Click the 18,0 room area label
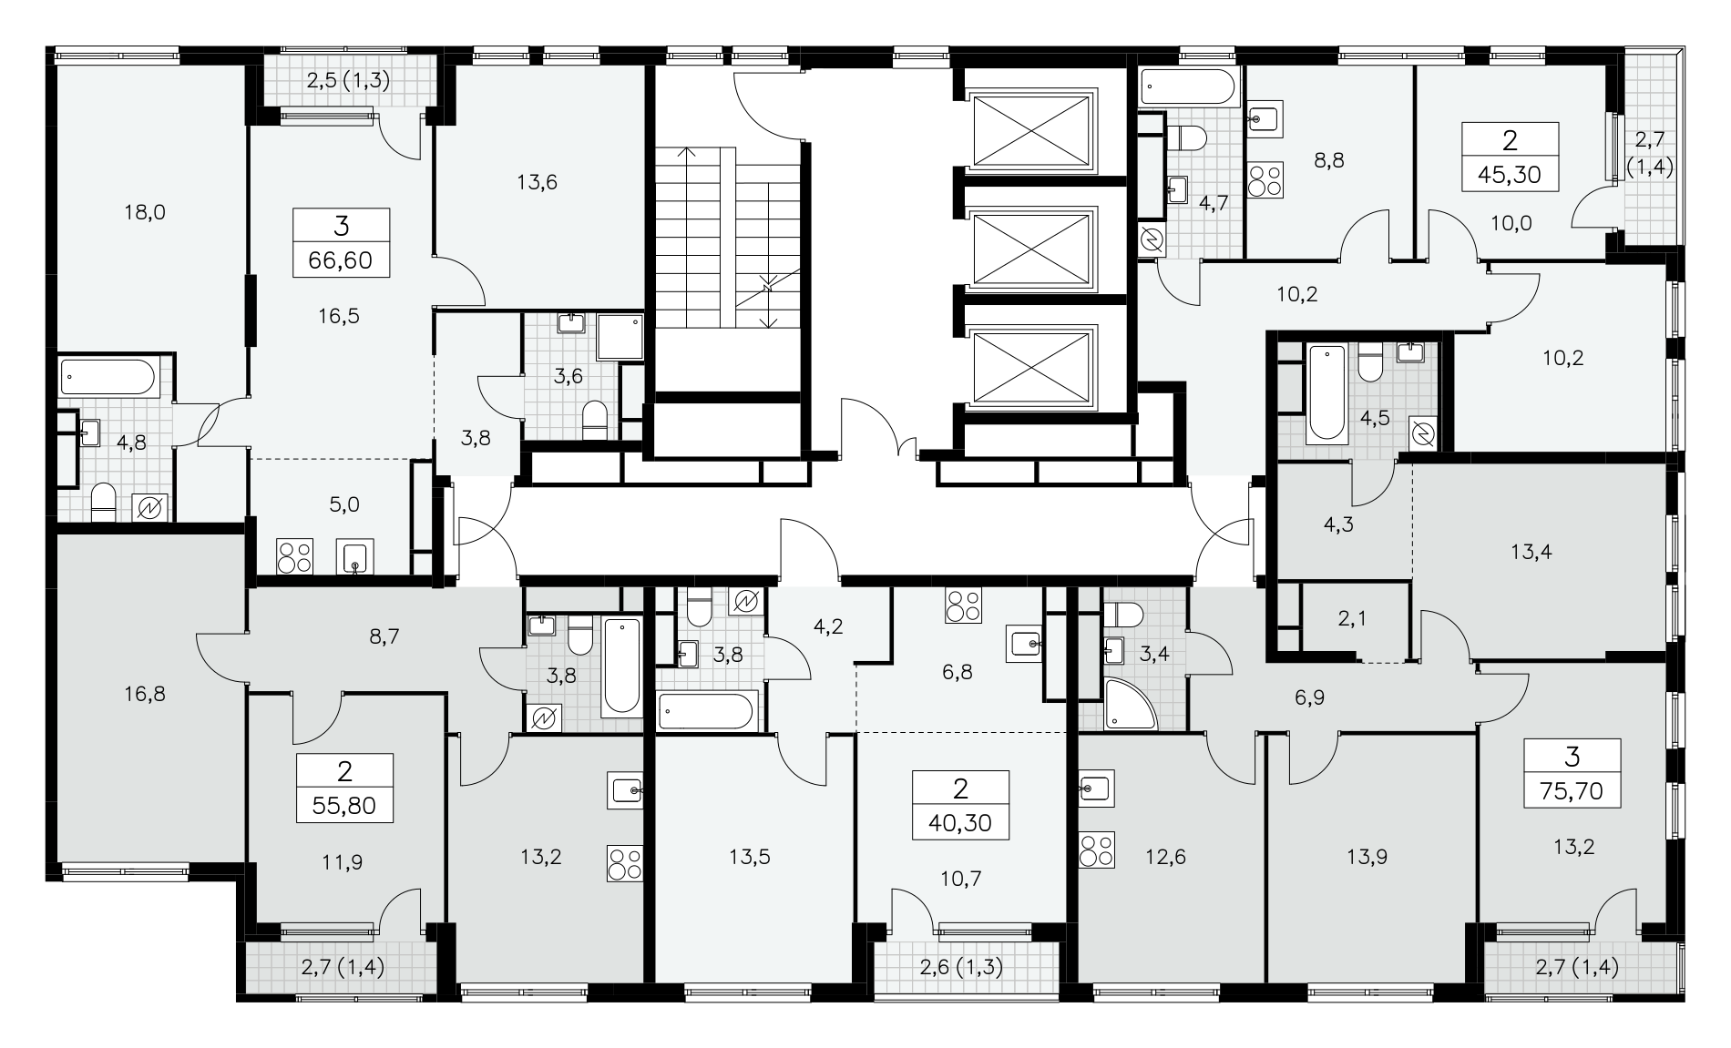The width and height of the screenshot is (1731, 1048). (x=146, y=213)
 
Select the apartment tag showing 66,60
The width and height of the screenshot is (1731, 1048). (x=342, y=242)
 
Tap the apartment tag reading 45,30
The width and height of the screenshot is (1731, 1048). (x=1510, y=157)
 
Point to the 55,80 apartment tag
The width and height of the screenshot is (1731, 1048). (x=344, y=789)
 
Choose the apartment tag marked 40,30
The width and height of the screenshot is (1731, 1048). (x=961, y=805)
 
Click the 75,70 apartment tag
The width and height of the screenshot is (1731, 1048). (x=1572, y=773)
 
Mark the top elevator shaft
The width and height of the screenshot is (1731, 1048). (x=1032, y=130)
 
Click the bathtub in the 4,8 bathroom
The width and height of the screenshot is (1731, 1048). (x=108, y=377)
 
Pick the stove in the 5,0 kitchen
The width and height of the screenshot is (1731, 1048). (x=295, y=556)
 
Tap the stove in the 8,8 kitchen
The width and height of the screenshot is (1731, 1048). (x=1265, y=179)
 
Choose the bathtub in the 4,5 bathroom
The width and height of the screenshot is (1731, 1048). (x=1326, y=393)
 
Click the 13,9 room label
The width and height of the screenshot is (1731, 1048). (x=1367, y=857)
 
